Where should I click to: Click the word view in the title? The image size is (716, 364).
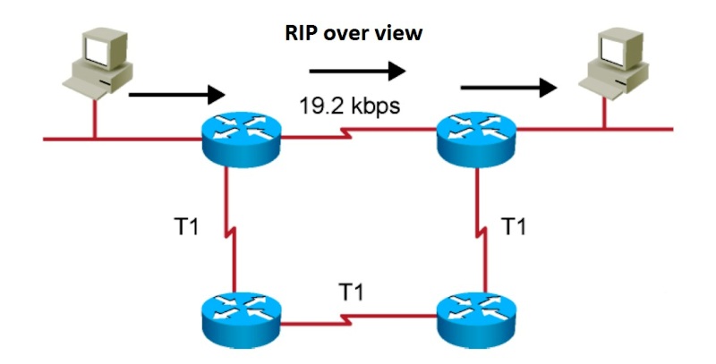(402, 35)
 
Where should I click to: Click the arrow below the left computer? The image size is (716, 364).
(175, 93)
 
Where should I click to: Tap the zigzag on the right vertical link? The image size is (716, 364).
(473, 235)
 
